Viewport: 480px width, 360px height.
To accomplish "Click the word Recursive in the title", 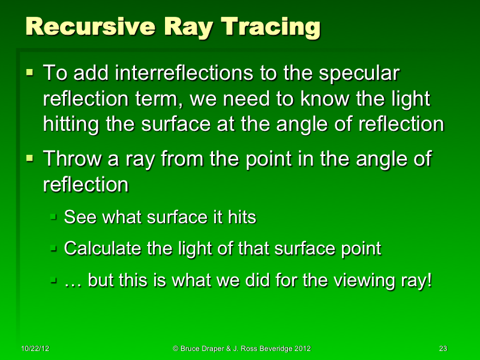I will click(x=74, y=27).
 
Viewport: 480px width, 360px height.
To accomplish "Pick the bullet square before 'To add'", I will click(x=30, y=73).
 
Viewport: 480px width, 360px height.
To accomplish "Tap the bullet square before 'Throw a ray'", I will click(x=30, y=158).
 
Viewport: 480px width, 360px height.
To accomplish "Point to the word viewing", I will click(x=362, y=281).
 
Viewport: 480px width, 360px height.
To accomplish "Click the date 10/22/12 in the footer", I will click(x=34, y=349).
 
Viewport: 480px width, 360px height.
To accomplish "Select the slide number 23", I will click(x=443, y=349).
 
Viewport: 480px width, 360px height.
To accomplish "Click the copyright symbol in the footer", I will click(x=176, y=349).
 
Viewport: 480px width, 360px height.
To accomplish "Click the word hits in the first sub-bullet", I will click(x=242, y=217).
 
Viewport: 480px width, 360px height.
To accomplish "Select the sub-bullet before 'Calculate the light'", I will click(x=53, y=247).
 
